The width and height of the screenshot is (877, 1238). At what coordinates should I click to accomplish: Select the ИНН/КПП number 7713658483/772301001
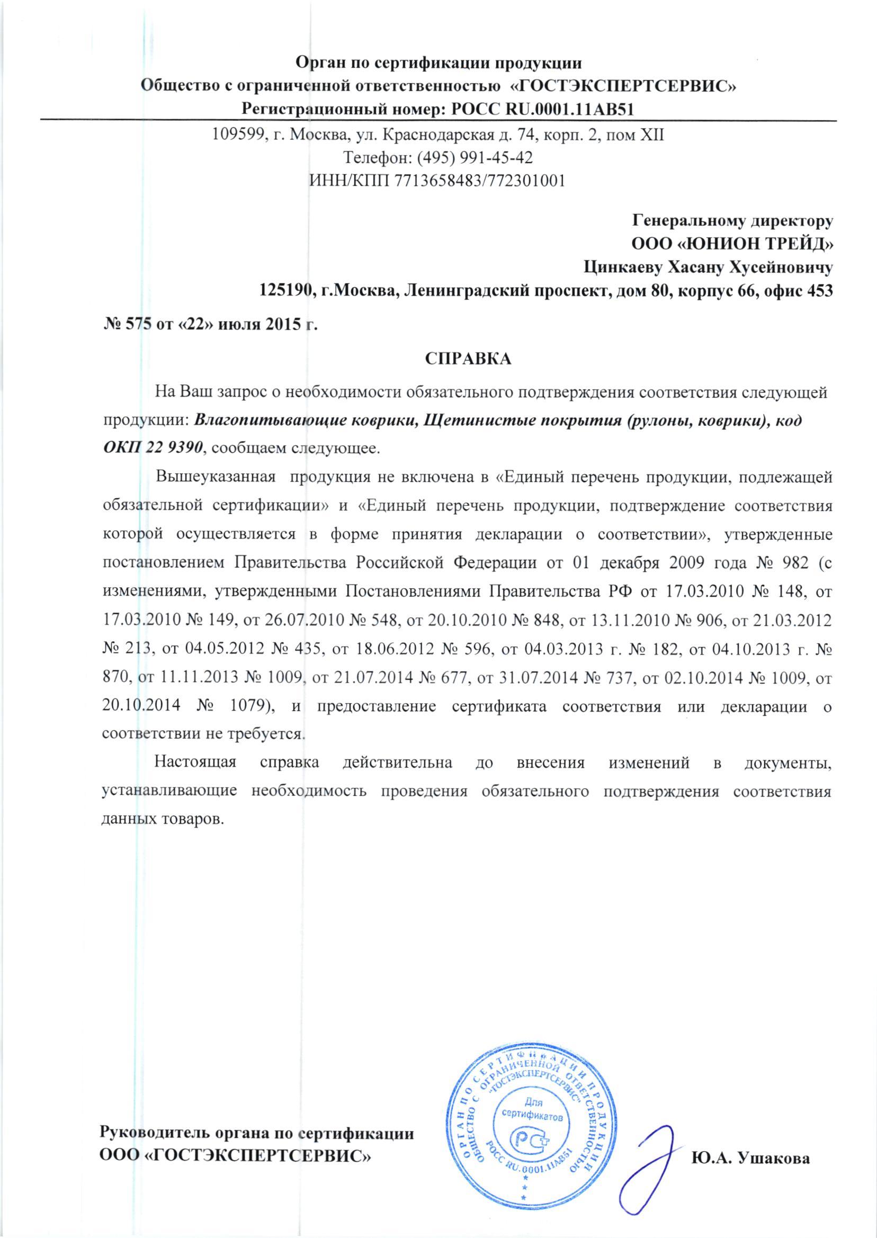coord(480,181)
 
